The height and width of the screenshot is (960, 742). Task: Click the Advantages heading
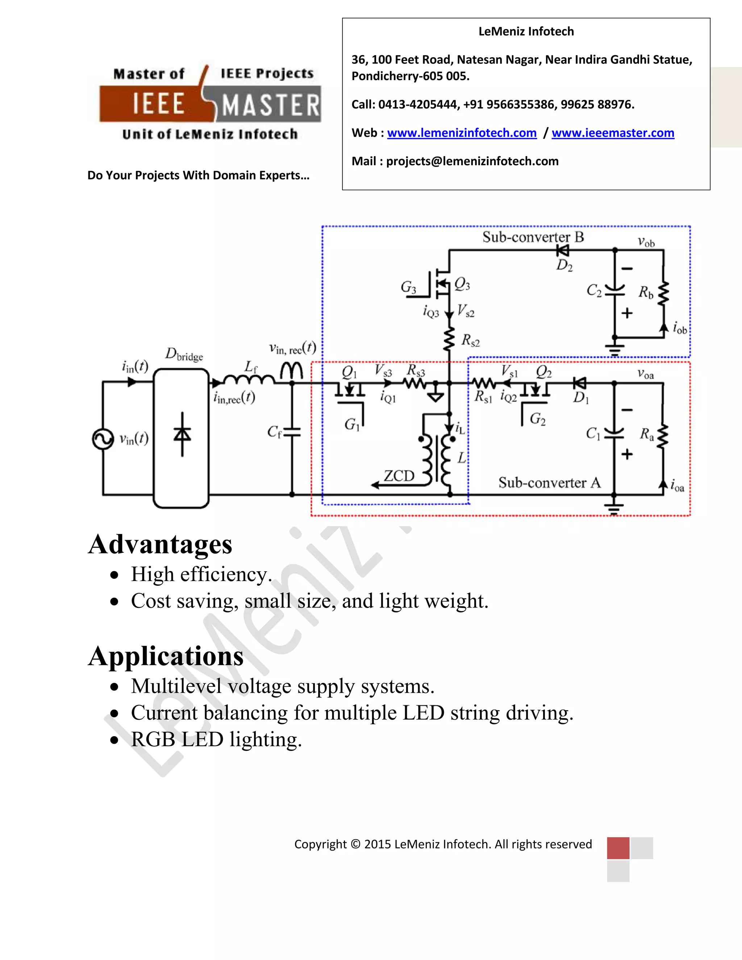click(160, 544)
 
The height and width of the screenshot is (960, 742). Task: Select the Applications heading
click(166, 656)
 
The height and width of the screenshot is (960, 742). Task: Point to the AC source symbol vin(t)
click(103, 439)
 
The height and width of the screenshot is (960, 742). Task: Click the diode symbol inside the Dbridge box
click(182, 434)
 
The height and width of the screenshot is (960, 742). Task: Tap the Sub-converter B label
click(533, 237)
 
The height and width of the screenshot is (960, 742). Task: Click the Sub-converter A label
click(549, 483)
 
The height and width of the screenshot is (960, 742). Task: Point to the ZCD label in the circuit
click(399, 476)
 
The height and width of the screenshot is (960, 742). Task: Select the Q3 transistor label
click(462, 284)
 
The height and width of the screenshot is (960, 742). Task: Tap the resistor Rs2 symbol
click(449, 339)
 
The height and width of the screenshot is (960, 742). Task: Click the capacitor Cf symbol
click(292, 432)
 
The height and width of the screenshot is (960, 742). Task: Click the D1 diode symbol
click(580, 383)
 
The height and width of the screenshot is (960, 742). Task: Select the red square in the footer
click(618, 848)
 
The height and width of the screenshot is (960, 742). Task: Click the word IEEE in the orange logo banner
click(158, 104)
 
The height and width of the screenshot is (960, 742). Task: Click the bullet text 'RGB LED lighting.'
click(216, 740)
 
